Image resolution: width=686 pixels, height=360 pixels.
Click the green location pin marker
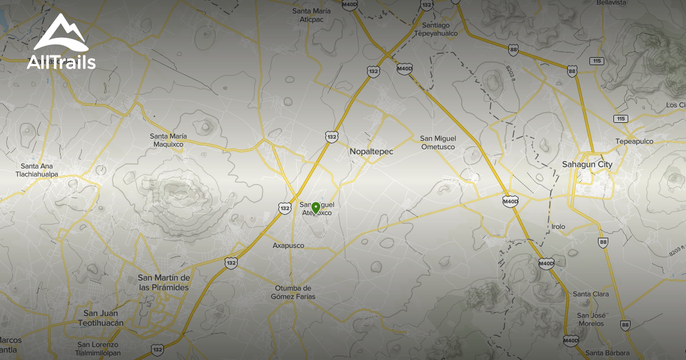[316, 207]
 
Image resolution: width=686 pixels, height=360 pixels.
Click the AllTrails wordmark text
[61, 62]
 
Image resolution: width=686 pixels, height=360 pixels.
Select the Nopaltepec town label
[372, 151]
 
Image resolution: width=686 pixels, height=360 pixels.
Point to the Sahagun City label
[587, 165]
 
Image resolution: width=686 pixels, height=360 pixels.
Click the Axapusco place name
[289, 246]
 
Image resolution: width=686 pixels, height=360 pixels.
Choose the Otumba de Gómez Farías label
[293, 292]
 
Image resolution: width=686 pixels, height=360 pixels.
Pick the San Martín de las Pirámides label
[164, 282]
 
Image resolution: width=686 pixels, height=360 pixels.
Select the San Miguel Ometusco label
[438, 142]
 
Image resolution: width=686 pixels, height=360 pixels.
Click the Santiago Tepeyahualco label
[440, 29]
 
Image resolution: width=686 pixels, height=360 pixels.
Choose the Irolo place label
[558, 227]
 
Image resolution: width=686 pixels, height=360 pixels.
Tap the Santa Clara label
[591, 294]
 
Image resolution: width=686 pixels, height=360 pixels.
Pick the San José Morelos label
[591, 319]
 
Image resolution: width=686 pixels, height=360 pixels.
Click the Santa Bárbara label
[607, 352]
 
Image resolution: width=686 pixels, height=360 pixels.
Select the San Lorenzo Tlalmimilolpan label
[98, 349]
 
